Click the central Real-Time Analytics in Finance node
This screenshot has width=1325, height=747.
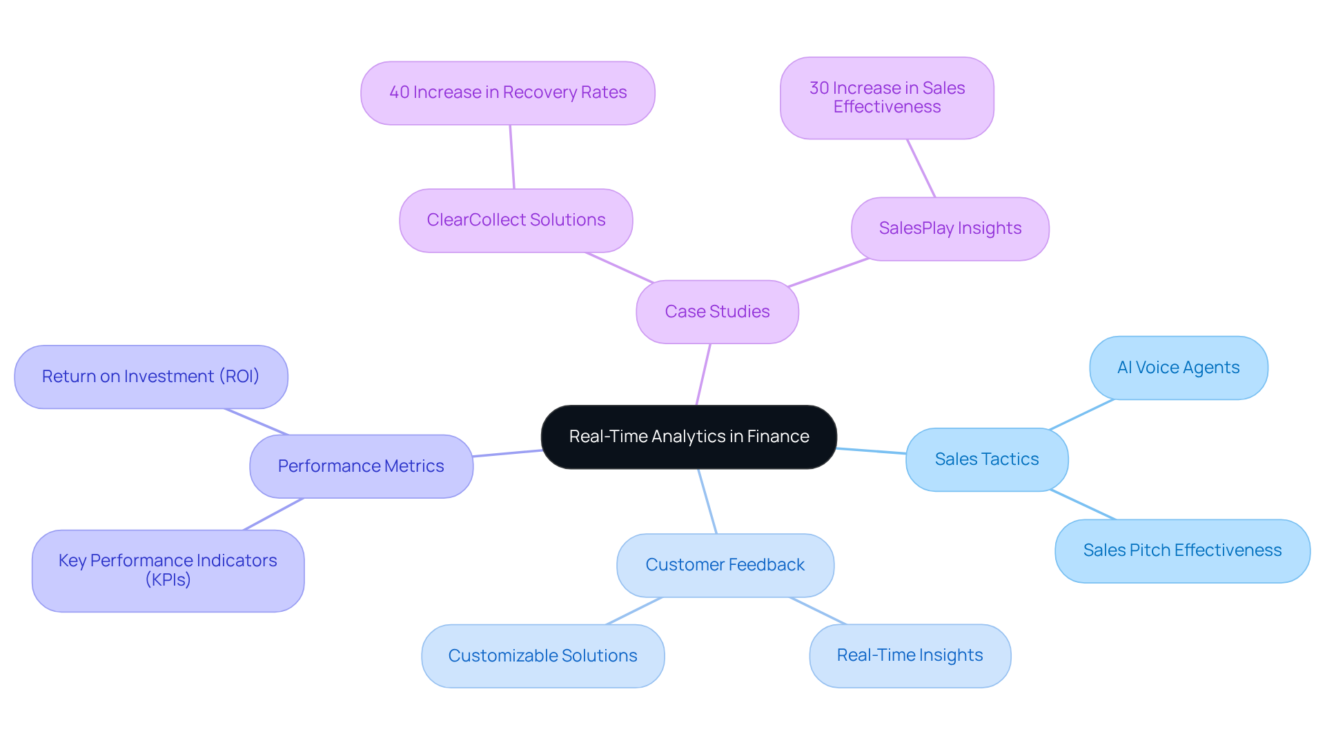click(x=689, y=437)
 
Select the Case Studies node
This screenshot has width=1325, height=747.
click(x=717, y=312)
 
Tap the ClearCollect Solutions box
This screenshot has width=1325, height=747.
click(x=516, y=220)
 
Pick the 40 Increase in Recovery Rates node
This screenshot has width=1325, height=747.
click(x=507, y=92)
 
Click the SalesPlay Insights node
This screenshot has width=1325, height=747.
click(x=950, y=228)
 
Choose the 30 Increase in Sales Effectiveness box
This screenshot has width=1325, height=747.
click(x=887, y=97)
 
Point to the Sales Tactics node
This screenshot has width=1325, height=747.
click(x=986, y=459)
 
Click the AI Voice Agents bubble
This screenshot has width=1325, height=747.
click(x=1178, y=368)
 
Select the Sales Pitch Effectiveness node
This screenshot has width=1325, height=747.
click(x=1181, y=550)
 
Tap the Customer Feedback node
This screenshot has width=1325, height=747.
click(x=725, y=565)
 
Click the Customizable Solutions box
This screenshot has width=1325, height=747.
click(x=542, y=656)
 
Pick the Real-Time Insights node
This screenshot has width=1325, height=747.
click(x=910, y=655)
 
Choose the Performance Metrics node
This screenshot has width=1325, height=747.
click(x=361, y=466)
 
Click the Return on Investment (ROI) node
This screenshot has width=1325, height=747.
click(x=150, y=377)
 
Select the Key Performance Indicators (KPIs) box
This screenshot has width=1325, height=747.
click(x=168, y=570)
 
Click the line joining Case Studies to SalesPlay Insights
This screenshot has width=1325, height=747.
click(x=828, y=272)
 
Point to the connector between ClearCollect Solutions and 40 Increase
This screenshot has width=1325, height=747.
click(x=512, y=157)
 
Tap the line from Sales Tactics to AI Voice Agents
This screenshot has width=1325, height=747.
click(x=1081, y=414)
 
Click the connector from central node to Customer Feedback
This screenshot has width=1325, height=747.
click(x=707, y=501)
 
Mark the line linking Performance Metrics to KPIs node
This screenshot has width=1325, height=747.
click(x=273, y=514)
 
